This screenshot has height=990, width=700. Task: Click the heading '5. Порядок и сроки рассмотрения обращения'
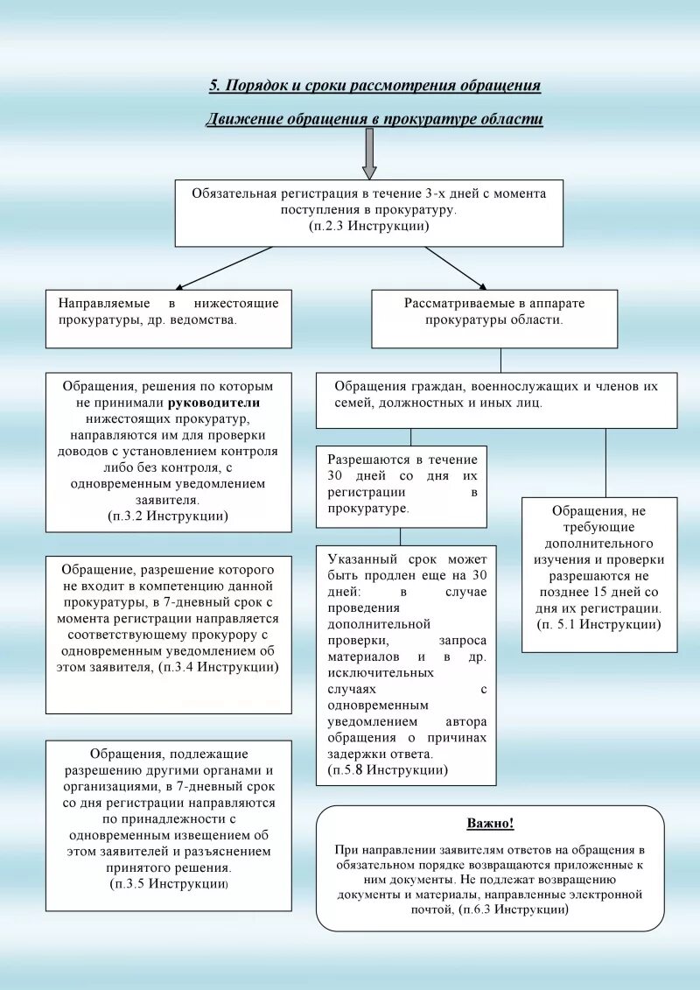(374, 86)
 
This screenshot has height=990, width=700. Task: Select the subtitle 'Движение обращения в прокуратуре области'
(374, 119)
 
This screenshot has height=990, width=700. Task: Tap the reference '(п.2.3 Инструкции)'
(368, 226)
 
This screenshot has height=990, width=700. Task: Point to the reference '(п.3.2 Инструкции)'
(168, 516)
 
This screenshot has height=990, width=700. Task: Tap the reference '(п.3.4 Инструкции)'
(220, 667)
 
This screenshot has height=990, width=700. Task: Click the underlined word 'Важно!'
(490, 824)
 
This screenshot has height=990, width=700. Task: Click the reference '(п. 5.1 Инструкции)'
(599, 624)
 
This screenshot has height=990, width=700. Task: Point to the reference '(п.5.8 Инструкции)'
(388, 770)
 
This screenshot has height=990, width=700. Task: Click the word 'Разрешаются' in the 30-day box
(367, 460)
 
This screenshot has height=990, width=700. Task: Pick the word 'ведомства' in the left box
(206, 319)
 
